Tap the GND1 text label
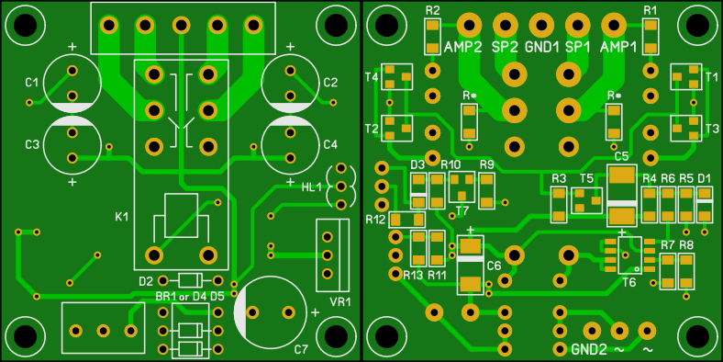[541, 47]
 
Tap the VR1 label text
[340, 302]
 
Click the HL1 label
[312, 187]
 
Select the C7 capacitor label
[301, 349]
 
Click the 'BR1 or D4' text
[182, 296]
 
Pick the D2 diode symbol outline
[190, 280]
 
